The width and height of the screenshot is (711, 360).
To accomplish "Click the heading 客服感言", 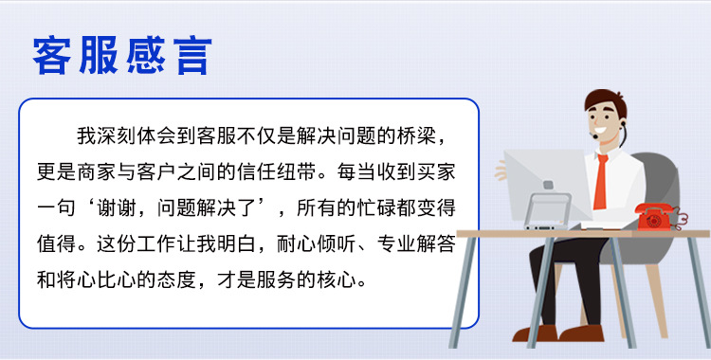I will coord(120,56).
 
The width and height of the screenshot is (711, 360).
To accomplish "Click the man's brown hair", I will coord(604,99).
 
